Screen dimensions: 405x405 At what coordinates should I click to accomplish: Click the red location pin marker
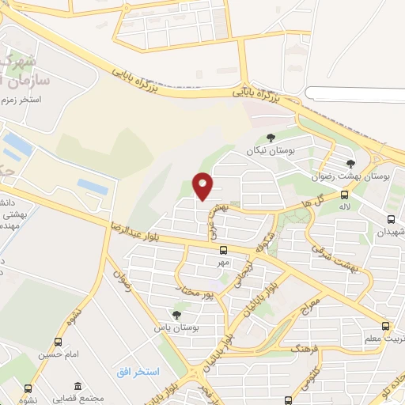pyautogui.click(x=203, y=185)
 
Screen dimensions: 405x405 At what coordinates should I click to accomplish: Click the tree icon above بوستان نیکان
pyautogui.click(x=272, y=138)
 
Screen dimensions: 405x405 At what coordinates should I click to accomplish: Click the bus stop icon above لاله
pyautogui.click(x=344, y=195)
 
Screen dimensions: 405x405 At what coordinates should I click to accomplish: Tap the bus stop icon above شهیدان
pyautogui.click(x=391, y=219)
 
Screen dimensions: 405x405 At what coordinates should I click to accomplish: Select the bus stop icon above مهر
pyautogui.click(x=222, y=250)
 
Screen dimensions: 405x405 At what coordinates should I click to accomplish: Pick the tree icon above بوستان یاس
pyautogui.click(x=176, y=314)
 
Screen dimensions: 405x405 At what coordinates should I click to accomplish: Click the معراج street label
pyautogui.click(x=312, y=300)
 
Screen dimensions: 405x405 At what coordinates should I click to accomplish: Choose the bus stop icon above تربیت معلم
pyautogui.click(x=385, y=326)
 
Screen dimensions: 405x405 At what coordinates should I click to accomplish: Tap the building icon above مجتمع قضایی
pyautogui.click(x=78, y=386)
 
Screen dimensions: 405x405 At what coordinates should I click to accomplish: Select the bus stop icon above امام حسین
pyautogui.click(x=58, y=343)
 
